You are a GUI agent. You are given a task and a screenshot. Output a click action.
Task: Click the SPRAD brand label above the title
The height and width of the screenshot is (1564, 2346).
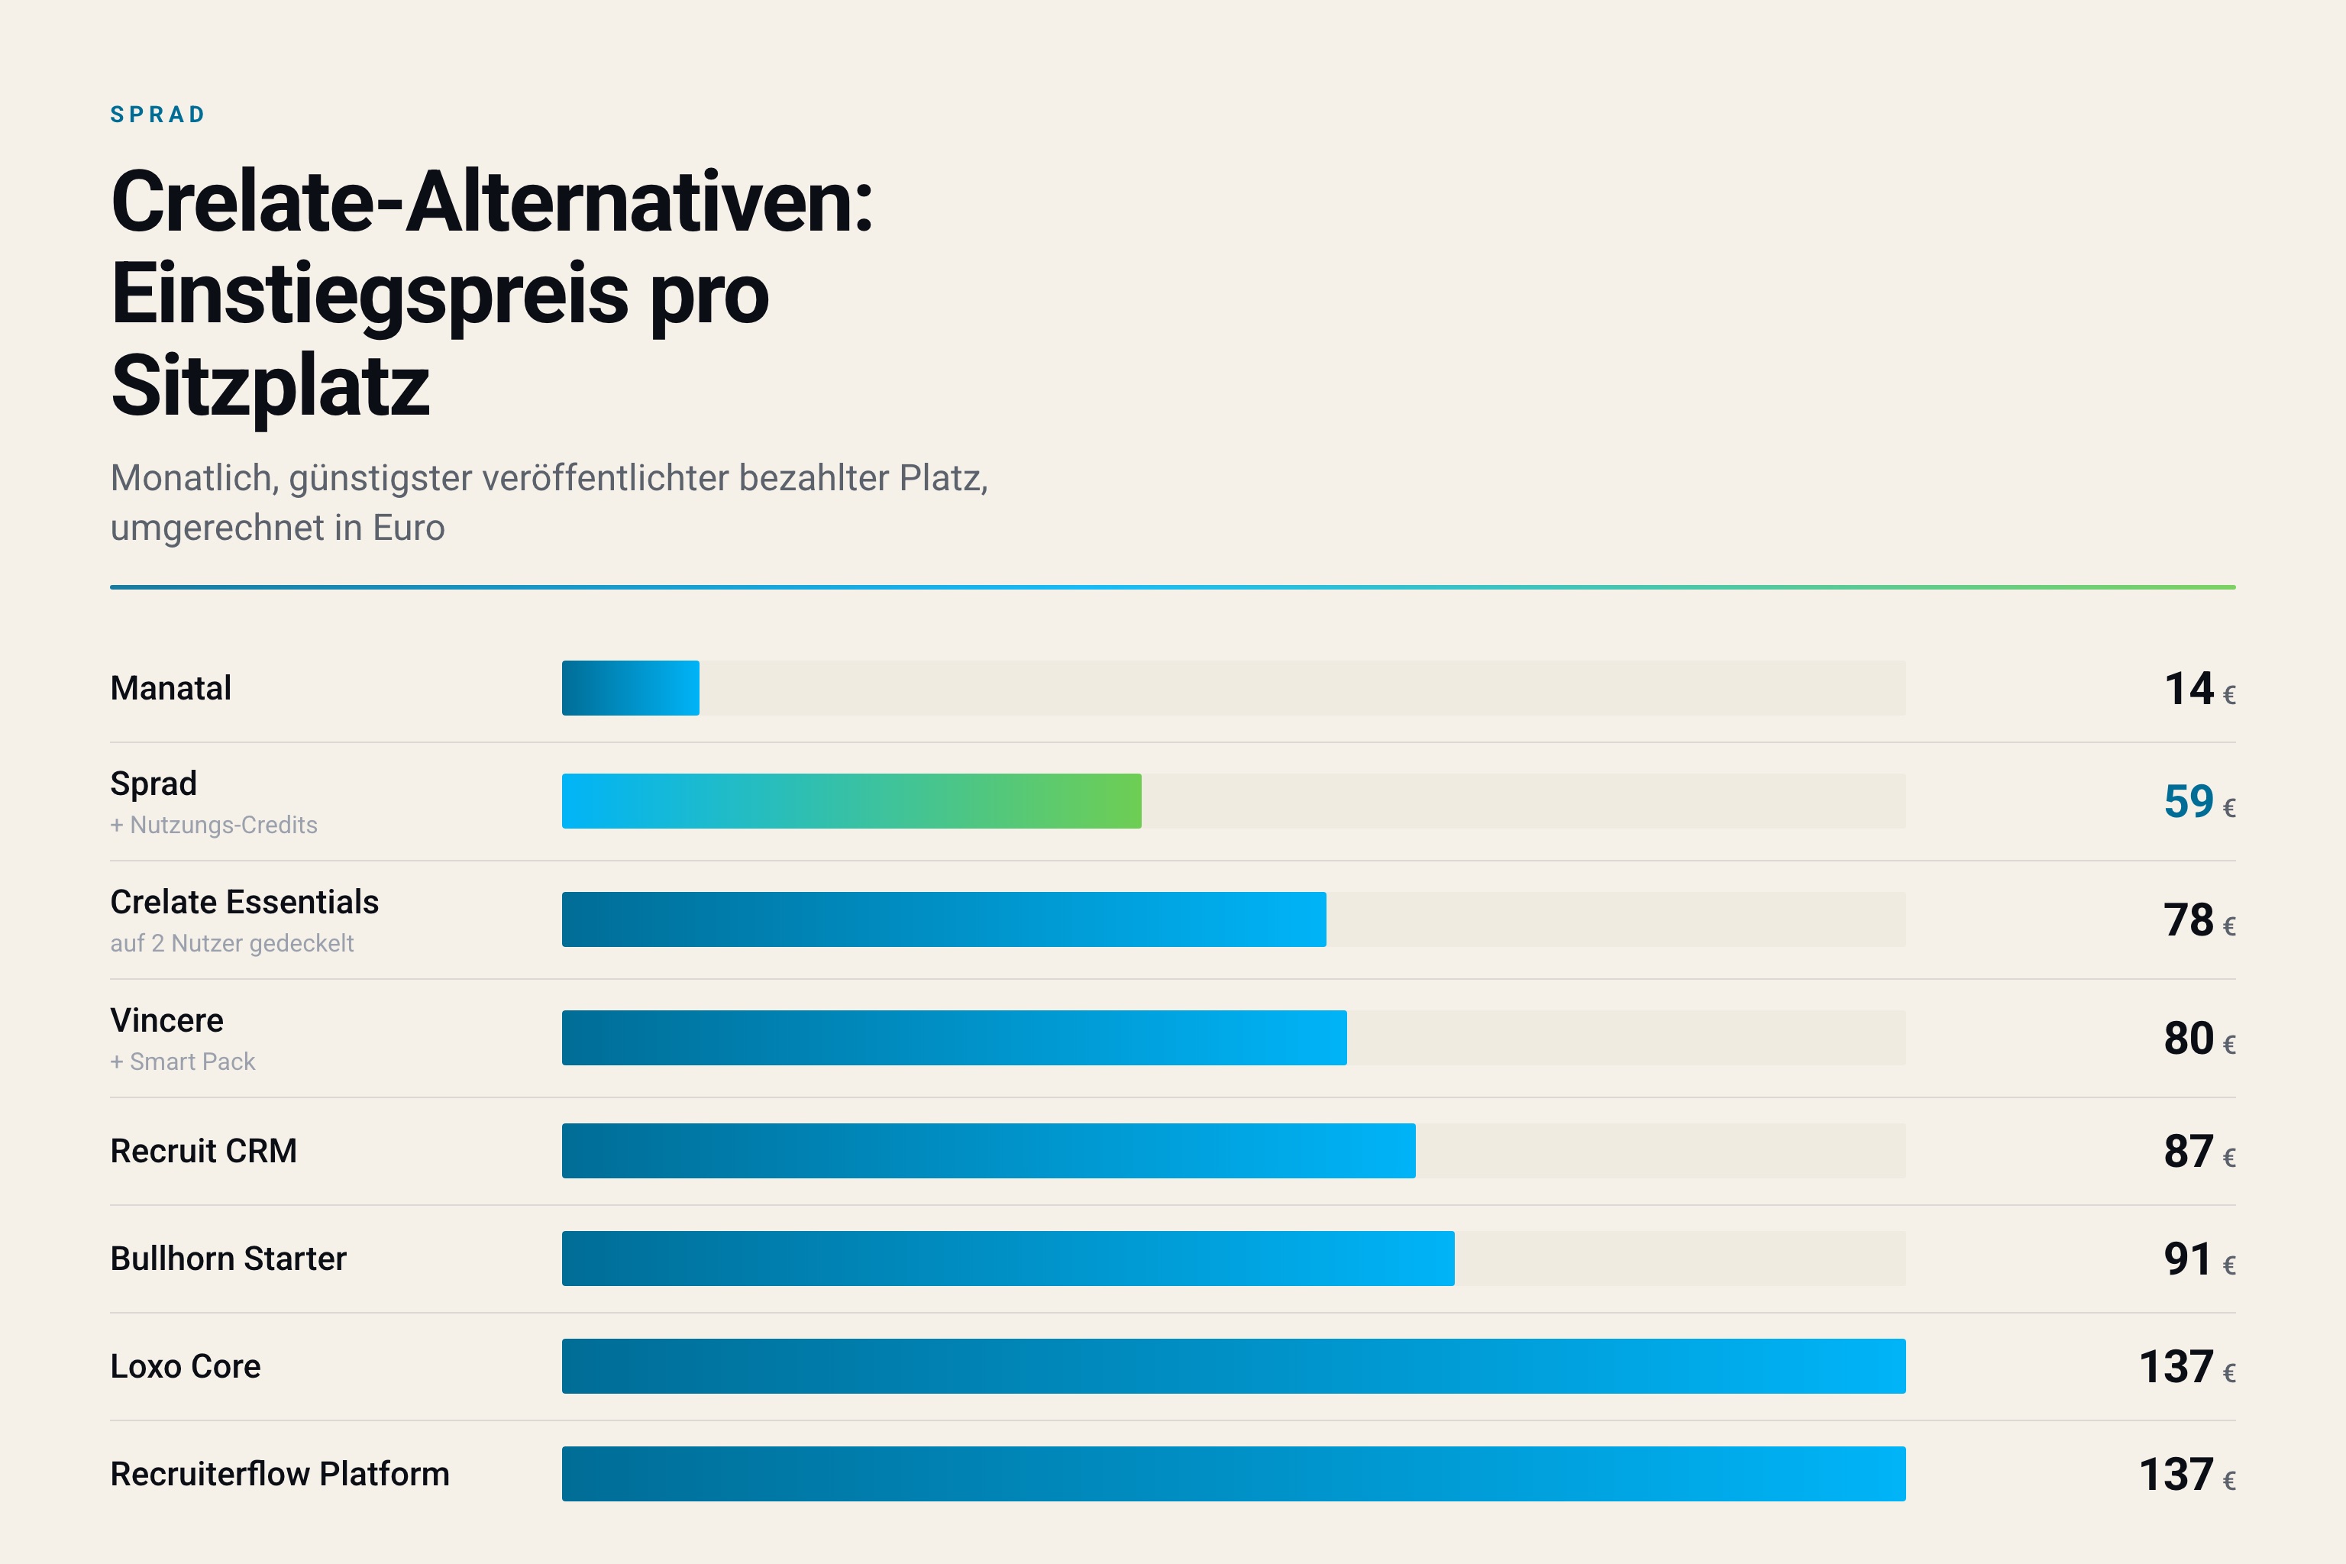(157, 115)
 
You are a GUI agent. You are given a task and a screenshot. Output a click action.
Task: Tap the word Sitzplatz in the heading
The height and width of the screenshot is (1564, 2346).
(270, 386)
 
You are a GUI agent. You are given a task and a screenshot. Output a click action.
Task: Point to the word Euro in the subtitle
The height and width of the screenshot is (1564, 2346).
(409, 528)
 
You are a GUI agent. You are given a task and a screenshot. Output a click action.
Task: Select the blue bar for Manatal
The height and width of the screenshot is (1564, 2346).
(630, 688)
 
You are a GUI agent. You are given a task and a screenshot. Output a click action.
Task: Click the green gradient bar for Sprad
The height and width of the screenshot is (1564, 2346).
(851, 801)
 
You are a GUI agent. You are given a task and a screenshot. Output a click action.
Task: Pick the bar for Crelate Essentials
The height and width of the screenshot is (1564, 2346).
(944, 919)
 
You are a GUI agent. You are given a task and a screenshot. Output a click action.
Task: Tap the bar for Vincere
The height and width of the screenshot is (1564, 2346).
(954, 1037)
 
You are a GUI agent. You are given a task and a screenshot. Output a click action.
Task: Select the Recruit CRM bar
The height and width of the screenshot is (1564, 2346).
(988, 1151)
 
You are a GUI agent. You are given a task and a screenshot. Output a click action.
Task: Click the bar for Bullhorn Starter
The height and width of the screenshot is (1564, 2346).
(1007, 1259)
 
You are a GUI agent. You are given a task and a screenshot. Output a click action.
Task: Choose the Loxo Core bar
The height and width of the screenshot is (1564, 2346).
(1234, 1366)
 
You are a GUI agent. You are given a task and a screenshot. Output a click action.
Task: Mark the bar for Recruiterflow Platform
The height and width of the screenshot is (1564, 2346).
(1234, 1474)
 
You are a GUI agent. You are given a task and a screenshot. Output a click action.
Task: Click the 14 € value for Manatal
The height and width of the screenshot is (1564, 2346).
(2199, 690)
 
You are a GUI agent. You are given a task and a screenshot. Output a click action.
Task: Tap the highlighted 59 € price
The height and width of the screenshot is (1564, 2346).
(2199, 802)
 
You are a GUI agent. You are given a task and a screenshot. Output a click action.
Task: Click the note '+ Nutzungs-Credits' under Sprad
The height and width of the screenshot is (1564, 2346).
(214, 825)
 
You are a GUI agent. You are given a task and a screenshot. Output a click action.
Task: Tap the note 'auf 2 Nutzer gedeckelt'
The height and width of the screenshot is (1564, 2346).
(231, 944)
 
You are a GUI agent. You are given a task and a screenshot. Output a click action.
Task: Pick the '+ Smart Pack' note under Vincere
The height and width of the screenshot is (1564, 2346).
(183, 1062)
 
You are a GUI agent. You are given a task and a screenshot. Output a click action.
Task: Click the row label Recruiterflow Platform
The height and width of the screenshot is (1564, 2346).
(280, 1474)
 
